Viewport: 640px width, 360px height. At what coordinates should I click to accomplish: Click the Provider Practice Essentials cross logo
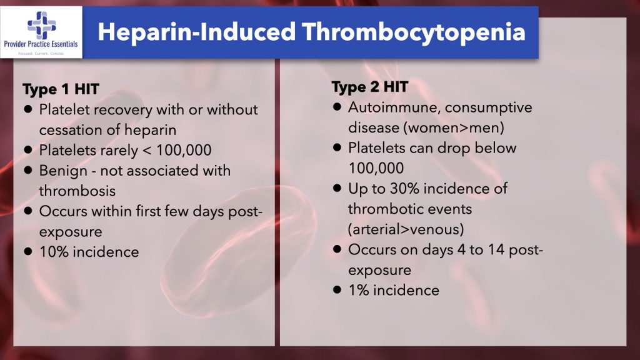coord(41,25)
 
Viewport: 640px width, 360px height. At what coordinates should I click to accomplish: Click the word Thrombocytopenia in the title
coord(414,32)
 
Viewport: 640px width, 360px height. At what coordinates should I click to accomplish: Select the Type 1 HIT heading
coord(61,89)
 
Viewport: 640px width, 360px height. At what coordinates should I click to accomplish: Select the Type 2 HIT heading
coord(370,86)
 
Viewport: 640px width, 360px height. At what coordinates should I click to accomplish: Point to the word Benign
coord(63,171)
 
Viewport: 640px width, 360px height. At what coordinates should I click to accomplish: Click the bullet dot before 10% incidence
coord(27,251)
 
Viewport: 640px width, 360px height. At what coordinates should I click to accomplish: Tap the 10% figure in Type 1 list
coord(54,252)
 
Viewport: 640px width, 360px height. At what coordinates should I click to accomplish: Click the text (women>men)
coord(454,127)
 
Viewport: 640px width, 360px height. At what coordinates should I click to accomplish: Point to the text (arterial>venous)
coord(406,229)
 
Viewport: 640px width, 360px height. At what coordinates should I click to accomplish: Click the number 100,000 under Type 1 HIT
coord(184,150)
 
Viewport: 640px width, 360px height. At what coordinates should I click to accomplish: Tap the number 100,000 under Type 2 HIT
coord(376,168)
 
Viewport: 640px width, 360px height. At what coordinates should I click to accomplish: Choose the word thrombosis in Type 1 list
coord(77,191)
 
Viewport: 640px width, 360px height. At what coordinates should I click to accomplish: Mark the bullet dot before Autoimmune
coord(337,107)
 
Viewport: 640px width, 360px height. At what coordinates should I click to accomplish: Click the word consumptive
coord(489,107)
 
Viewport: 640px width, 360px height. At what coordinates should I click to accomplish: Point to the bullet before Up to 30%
coord(337,188)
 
